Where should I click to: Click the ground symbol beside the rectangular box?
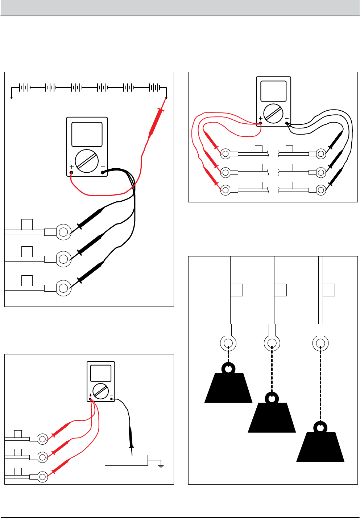pos(161,466)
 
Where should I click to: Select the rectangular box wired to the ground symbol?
pos(126,460)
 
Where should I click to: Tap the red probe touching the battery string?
pos(156,122)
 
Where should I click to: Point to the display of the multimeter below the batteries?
pos(87,134)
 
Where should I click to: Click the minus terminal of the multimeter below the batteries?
pos(103,173)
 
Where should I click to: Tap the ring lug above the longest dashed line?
pos(320,343)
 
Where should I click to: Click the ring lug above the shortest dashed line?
pos(228,343)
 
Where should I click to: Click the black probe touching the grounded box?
pos(131,441)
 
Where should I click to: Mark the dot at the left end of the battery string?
pos(12,98)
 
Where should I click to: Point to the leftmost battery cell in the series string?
pos(24,87)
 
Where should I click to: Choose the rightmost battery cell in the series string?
pos(154,87)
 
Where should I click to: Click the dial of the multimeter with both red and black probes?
pos(273,114)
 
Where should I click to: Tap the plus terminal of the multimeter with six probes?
pos(261,123)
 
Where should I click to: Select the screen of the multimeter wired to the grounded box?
pos(100,373)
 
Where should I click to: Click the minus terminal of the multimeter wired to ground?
pos(112,399)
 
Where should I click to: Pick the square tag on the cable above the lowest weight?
pos(329,290)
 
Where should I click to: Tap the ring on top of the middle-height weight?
pos(272,398)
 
